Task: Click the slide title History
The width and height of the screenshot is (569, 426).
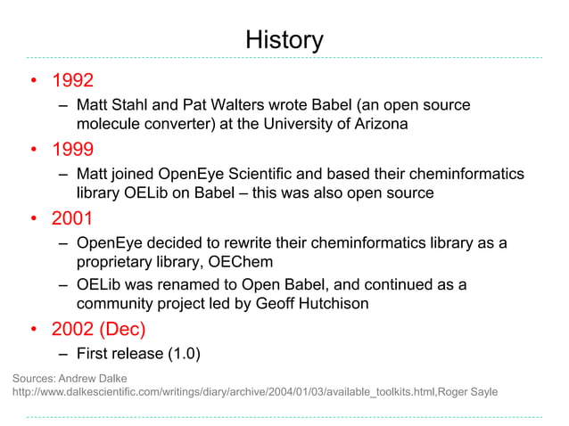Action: (284, 40)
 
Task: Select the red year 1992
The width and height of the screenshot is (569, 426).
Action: (73, 82)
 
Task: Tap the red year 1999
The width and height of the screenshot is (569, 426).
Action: (73, 148)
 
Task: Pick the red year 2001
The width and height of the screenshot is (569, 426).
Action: (73, 218)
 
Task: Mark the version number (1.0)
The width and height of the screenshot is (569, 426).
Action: (183, 355)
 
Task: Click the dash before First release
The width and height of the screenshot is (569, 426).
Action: (64, 355)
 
